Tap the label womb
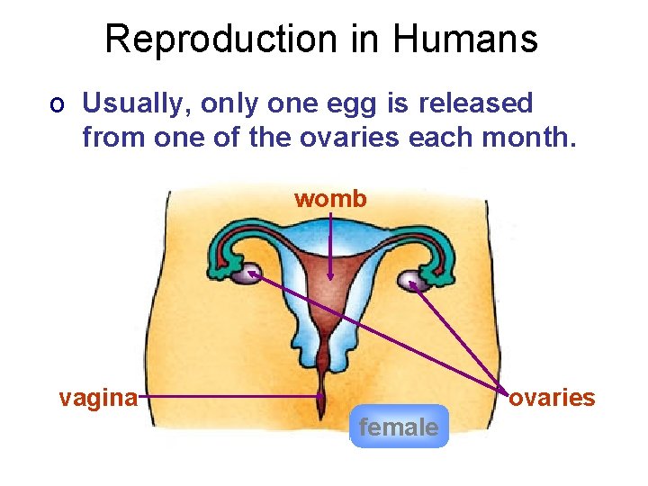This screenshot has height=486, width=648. click(x=330, y=199)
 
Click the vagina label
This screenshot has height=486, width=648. click(x=97, y=398)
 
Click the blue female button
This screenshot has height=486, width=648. click(x=399, y=427)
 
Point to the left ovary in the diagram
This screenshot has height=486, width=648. click(x=247, y=274)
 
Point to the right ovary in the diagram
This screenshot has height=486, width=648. click(x=413, y=282)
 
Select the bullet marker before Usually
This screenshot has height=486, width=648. click(x=57, y=105)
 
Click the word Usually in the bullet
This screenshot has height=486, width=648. click(x=133, y=104)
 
